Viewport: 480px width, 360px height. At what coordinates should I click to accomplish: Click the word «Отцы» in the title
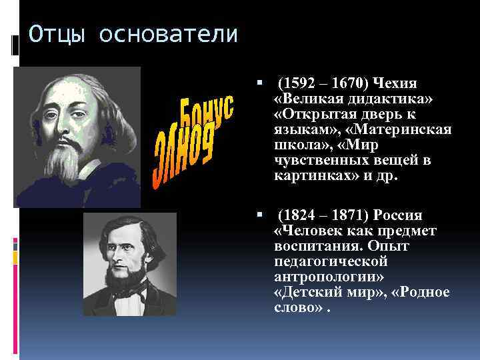point(57,34)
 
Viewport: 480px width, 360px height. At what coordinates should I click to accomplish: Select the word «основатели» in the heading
point(168,34)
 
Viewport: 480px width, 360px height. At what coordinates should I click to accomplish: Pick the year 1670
point(346,83)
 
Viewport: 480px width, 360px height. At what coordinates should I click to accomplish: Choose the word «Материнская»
point(413,129)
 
